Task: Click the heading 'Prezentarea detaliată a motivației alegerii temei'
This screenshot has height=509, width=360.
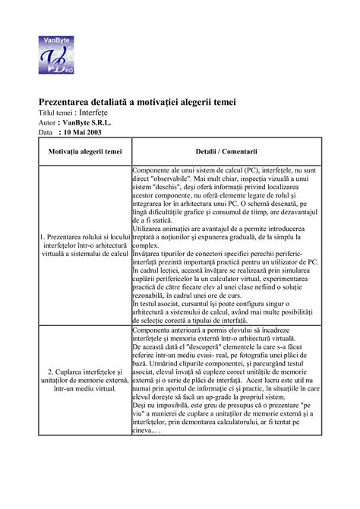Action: point(137,102)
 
